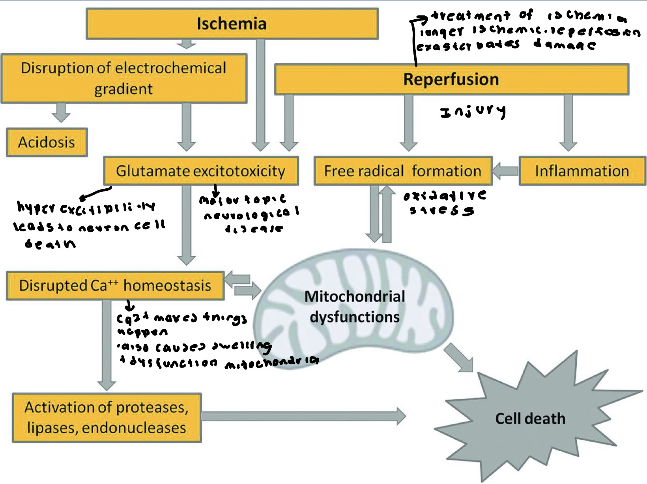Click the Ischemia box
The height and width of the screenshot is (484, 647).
coord(232,24)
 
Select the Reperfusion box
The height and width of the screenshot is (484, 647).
coord(451,79)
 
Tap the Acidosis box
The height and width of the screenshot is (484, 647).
coord(47,142)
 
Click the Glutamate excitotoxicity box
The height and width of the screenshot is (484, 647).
coord(200,171)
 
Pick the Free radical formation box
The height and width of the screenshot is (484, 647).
coord(402,171)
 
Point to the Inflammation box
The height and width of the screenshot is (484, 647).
coord(582,171)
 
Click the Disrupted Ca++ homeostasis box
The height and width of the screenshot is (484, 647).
coord(115,285)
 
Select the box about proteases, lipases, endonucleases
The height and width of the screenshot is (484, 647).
coord(107,417)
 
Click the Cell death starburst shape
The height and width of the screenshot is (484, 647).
coord(530,418)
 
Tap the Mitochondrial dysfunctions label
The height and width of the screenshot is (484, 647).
coord(355,307)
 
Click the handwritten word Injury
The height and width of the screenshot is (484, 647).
coord(473,112)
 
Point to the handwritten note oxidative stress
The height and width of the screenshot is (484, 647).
coord(444,203)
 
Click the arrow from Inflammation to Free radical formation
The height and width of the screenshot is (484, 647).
coord(505,171)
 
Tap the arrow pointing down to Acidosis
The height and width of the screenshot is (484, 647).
coord(61,113)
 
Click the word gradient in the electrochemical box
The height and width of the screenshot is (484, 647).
coord(123,89)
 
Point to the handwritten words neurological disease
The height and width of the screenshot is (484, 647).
coord(252,216)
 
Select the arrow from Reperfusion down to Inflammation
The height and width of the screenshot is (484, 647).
coord(568,122)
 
